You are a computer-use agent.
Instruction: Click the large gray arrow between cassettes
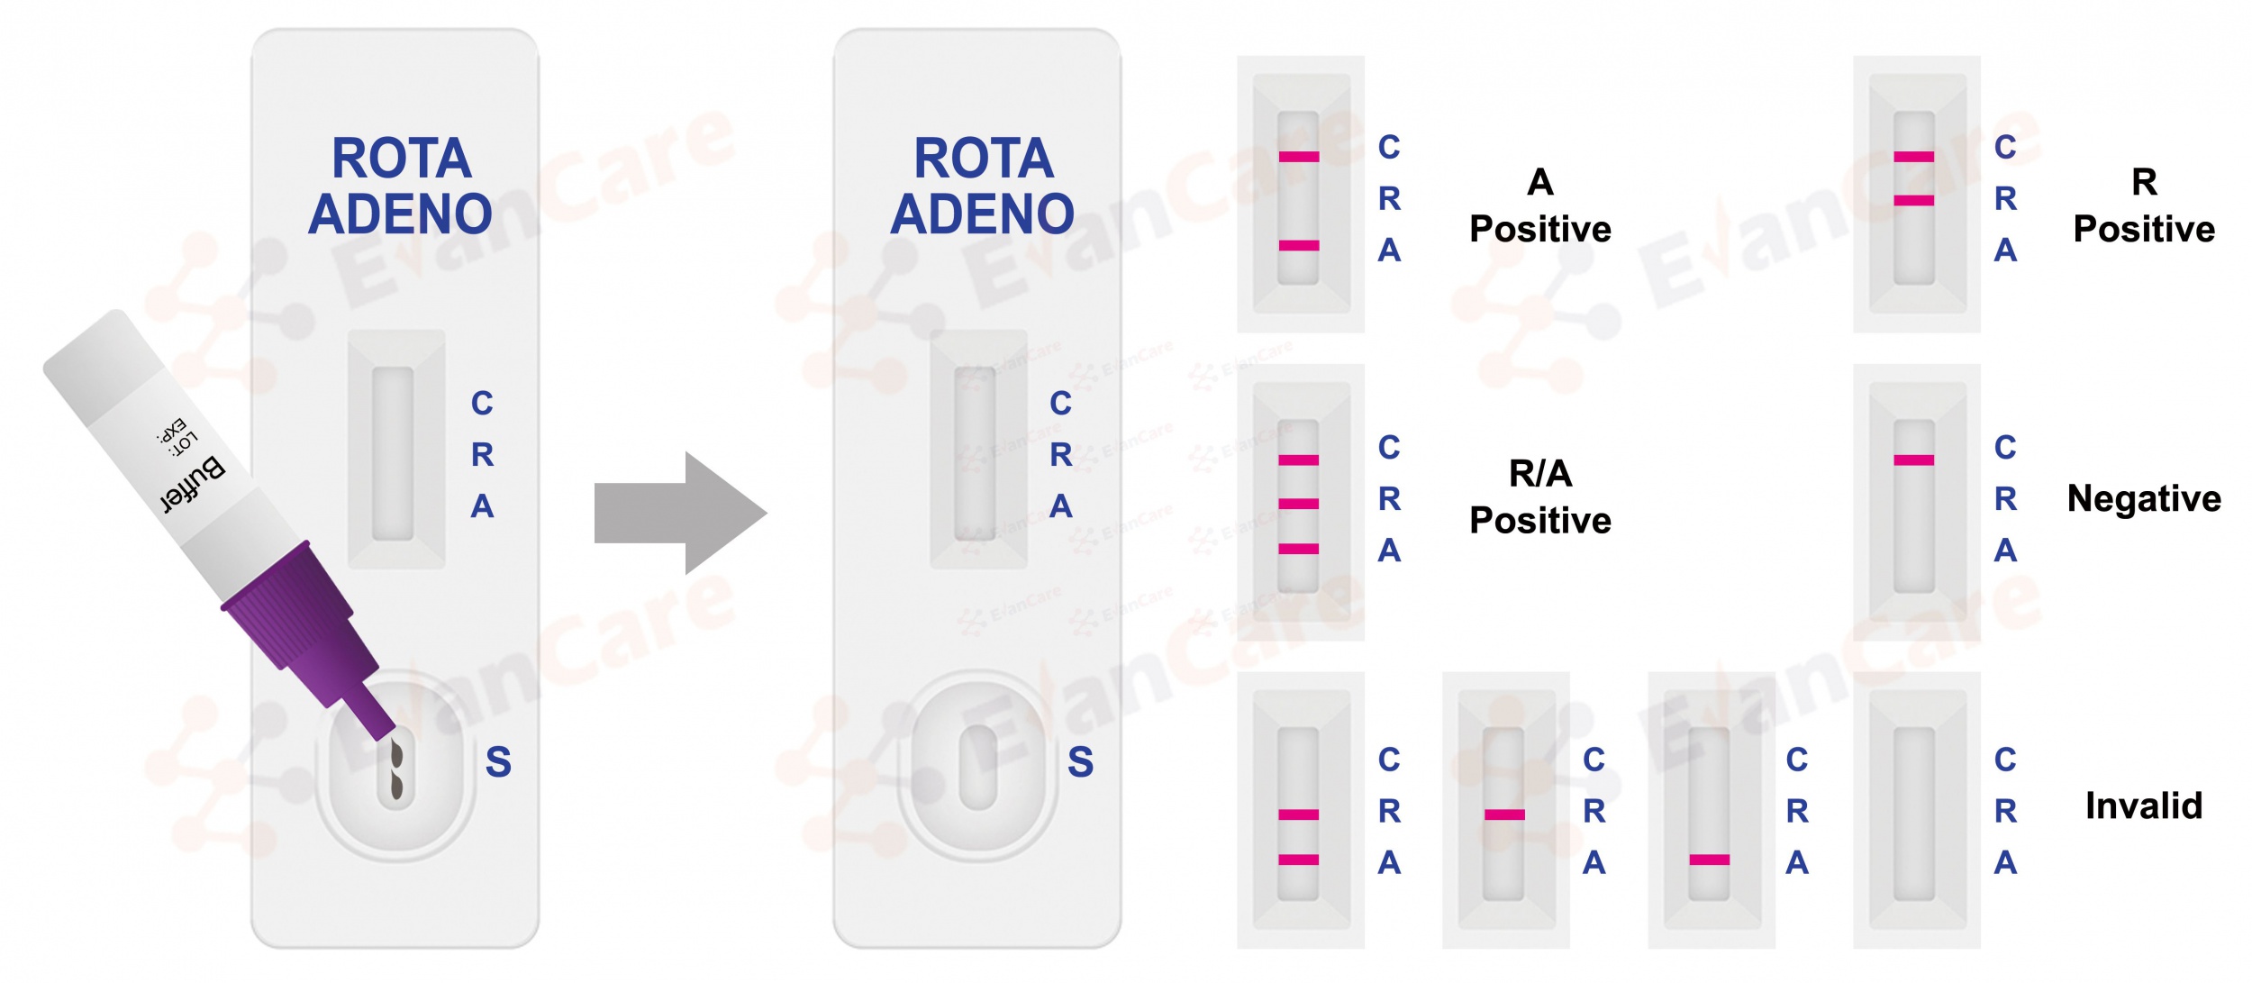pyautogui.click(x=680, y=513)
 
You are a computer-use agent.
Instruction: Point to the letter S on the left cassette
pyautogui.click(x=498, y=762)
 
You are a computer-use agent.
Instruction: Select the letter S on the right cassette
pyautogui.click(x=1080, y=762)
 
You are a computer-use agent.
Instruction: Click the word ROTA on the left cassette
pyautogui.click(x=402, y=159)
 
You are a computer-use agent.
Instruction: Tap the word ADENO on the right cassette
pyautogui.click(x=983, y=214)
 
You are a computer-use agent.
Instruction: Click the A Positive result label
pyautogui.click(x=1540, y=205)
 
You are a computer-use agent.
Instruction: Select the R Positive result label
pyautogui.click(x=2144, y=205)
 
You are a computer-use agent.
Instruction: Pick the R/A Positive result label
pyautogui.click(x=1540, y=496)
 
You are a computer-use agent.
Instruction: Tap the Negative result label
pyautogui.click(x=2144, y=498)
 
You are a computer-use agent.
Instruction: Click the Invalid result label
pyautogui.click(x=2144, y=806)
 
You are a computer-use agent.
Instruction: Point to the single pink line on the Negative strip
pyautogui.click(x=1913, y=460)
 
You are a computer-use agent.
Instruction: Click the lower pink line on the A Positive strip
pyautogui.click(x=1299, y=245)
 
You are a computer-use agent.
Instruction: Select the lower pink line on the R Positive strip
pyautogui.click(x=1913, y=200)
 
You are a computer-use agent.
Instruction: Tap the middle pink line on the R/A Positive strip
pyautogui.click(x=1299, y=504)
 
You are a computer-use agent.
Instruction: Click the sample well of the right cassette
pyautogui.click(x=978, y=766)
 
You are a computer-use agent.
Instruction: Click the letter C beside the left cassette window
pyautogui.click(x=482, y=403)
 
